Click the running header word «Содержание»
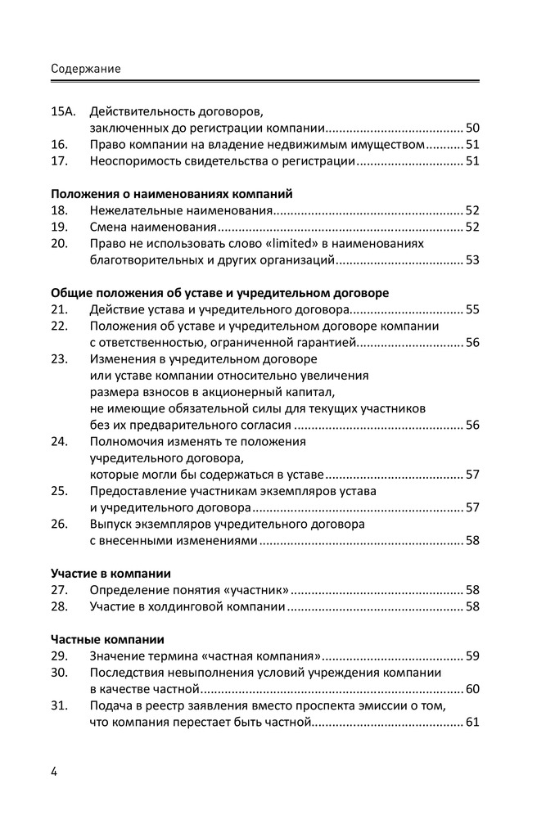pos(85,69)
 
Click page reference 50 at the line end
pos(472,128)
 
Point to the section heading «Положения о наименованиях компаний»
pos(171,194)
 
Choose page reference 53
pos(472,260)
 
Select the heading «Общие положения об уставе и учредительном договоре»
pos(219,293)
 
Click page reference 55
pos(472,309)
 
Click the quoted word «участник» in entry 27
pos(255,589)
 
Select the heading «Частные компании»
pos(107,639)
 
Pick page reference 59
pos(472,656)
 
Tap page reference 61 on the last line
pos(472,722)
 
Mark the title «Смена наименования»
pos(154,227)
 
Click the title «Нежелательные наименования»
pos(180,210)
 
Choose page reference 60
pos(472,688)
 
